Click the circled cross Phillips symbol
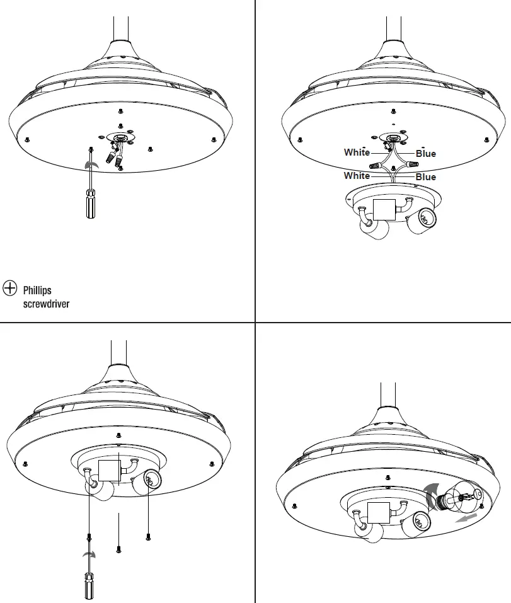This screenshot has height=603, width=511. pyautogui.click(x=10, y=288)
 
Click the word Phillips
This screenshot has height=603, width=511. pyautogui.click(x=37, y=291)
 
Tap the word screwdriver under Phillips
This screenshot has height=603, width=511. pyautogui.click(x=46, y=304)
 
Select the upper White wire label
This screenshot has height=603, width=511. pyautogui.click(x=357, y=152)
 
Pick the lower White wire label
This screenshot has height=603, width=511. pyautogui.click(x=357, y=176)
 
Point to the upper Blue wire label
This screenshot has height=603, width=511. pyautogui.click(x=426, y=153)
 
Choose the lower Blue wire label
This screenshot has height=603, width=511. pyautogui.click(x=426, y=177)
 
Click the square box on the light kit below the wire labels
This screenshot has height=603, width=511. pyautogui.click(x=384, y=209)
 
